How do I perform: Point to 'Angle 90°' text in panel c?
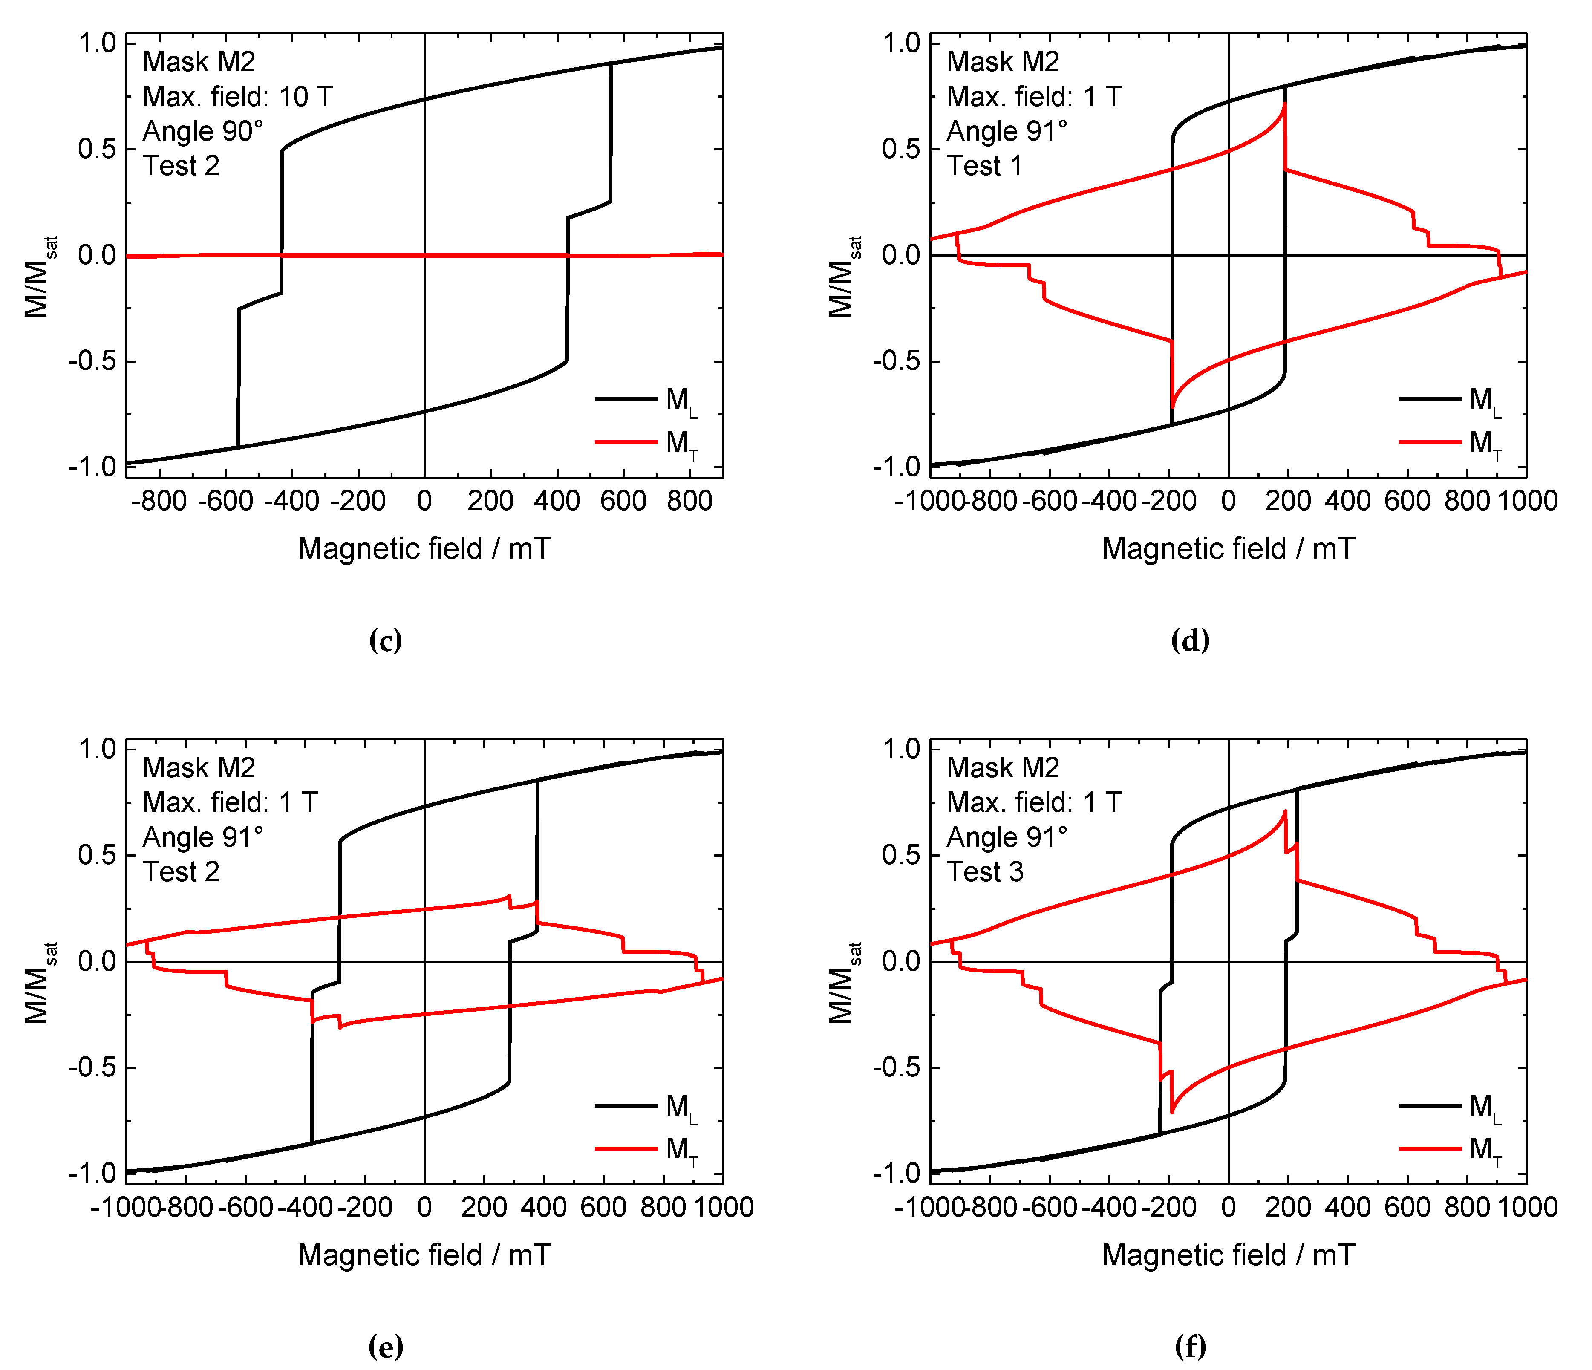coord(203,131)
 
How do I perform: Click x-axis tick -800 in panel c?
coord(159,501)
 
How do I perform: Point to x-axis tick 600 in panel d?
coord(1407,501)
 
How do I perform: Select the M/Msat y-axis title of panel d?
coord(842,277)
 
